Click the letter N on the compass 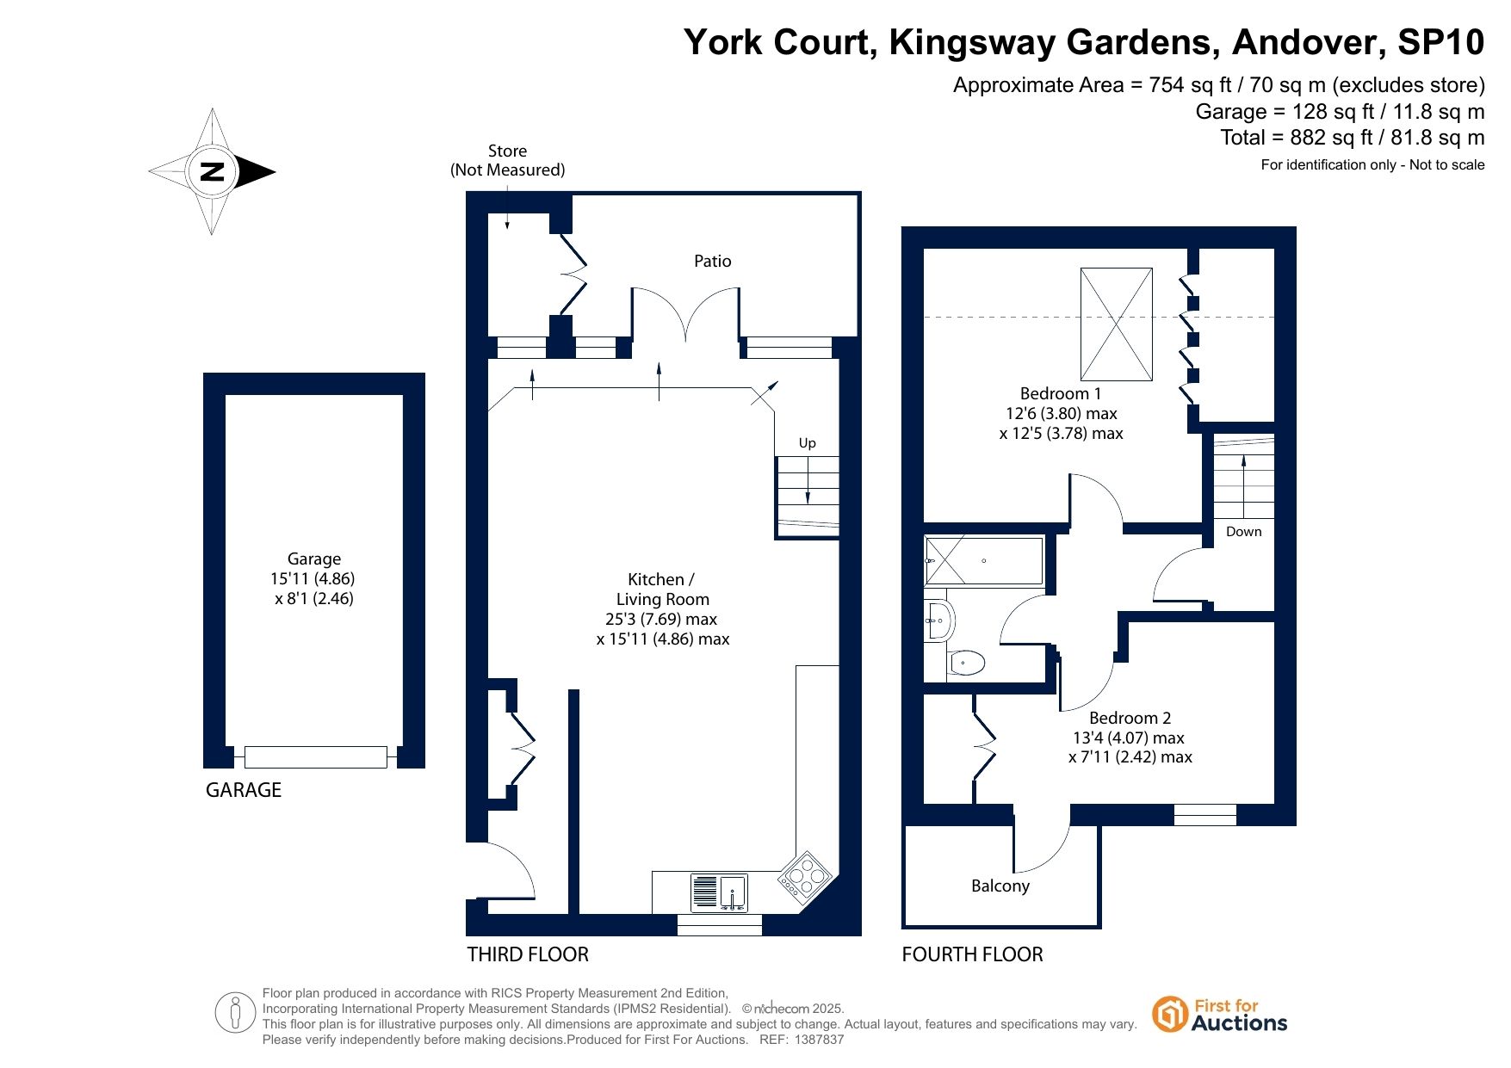point(212,171)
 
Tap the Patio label point(713,261)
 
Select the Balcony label point(1000,886)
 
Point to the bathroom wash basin point(939,620)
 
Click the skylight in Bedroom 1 point(1117,324)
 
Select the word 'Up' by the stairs point(807,443)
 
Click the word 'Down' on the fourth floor point(1244,532)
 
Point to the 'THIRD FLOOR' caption point(528,954)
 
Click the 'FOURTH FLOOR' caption point(972,954)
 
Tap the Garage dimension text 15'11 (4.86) point(313,579)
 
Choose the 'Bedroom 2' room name point(1130,718)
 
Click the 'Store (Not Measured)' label point(508,161)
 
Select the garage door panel point(316,757)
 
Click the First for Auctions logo point(1219,1015)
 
